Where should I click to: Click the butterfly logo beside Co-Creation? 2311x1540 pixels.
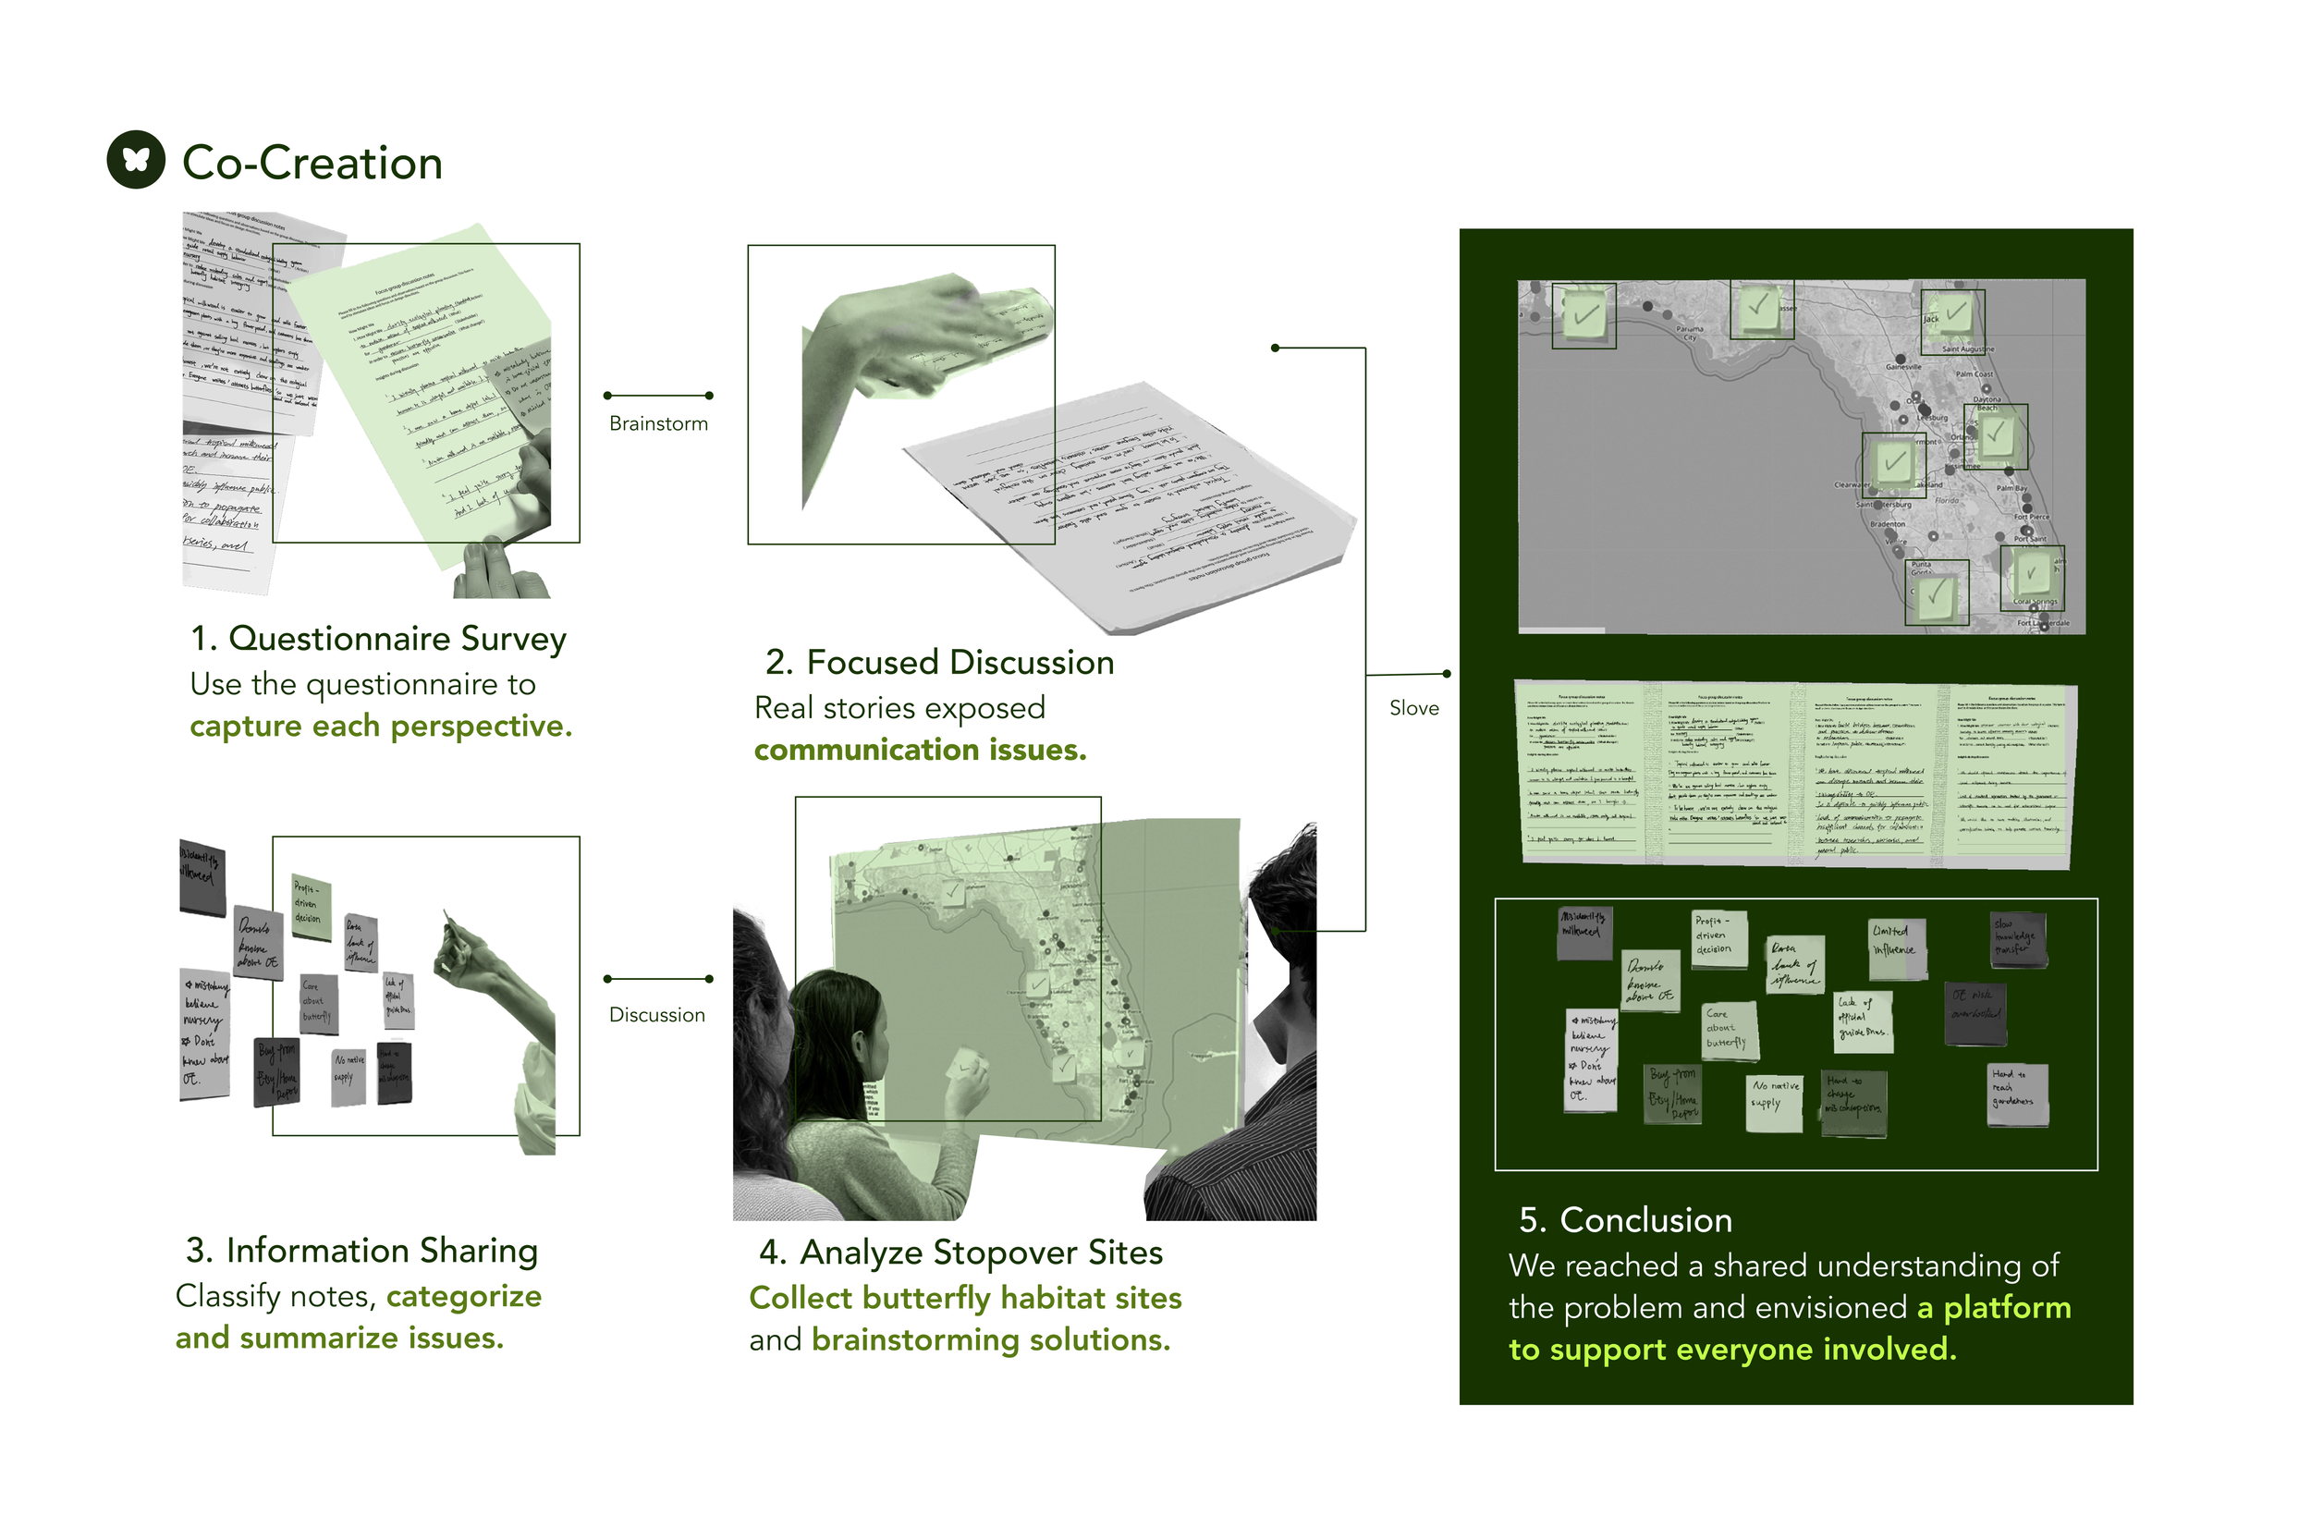point(136,159)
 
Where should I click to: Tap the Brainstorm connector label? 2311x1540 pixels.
point(657,423)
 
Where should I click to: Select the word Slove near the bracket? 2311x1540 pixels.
point(1412,708)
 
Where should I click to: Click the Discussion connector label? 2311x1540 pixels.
point(656,1015)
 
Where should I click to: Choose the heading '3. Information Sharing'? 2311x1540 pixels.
point(361,1251)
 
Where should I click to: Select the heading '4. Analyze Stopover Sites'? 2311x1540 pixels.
point(960,1253)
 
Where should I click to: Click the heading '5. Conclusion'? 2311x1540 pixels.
point(1624,1220)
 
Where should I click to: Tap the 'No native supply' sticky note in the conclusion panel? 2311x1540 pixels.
point(1775,1102)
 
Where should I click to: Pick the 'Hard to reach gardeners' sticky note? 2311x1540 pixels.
point(2016,1094)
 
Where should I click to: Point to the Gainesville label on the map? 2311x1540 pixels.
point(1901,366)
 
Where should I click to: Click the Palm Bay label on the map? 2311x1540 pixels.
point(2011,488)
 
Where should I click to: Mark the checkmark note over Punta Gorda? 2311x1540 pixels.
point(1935,593)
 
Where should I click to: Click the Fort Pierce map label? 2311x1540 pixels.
point(2030,517)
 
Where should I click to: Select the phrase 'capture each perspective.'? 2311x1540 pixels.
point(380,726)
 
